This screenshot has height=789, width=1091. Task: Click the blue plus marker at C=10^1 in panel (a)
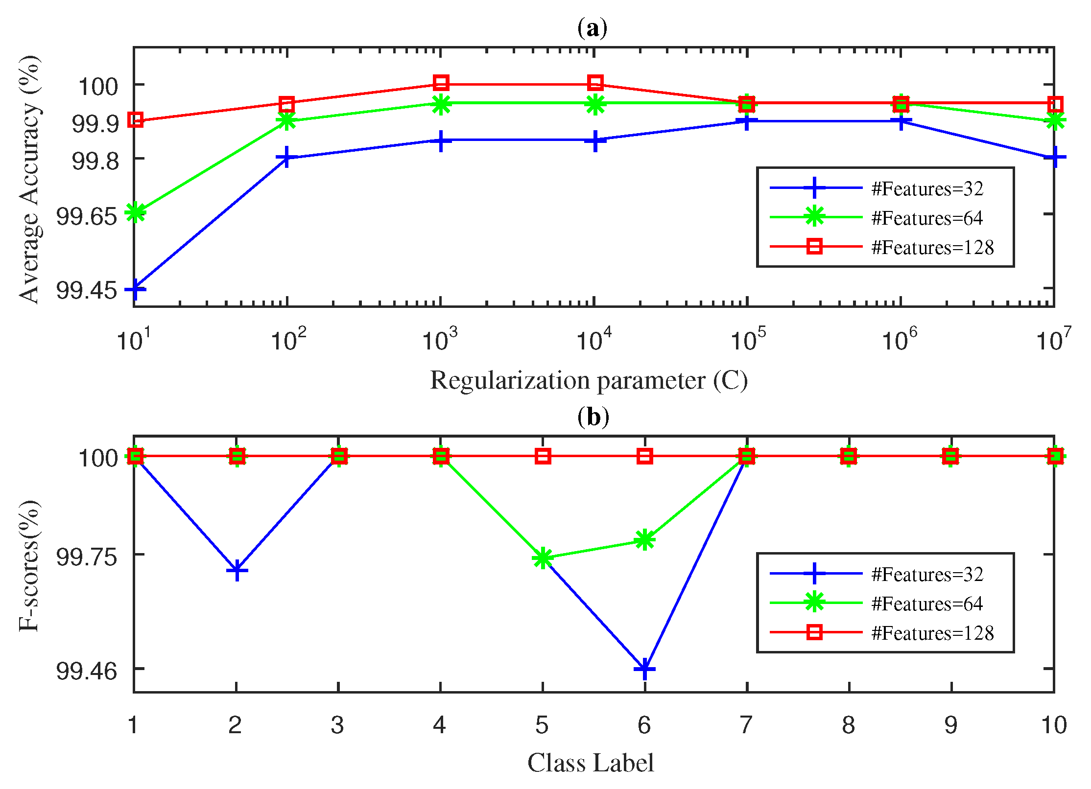point(135,289)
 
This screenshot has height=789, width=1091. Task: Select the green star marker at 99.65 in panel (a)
point(135,212)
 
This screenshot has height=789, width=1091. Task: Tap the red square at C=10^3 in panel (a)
point(441,83)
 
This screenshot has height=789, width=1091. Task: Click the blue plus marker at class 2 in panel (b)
point(237,571)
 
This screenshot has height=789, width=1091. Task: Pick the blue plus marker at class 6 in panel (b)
point(645,669)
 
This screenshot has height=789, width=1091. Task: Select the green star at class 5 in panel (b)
point(543,558)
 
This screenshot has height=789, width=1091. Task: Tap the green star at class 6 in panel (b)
point(645,540)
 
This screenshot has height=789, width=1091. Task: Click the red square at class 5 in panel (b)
point(543,456)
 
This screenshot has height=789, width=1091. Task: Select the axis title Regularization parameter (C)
point(589,381)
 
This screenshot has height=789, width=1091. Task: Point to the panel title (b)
point(593,418)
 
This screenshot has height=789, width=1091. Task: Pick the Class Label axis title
point(591,763)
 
